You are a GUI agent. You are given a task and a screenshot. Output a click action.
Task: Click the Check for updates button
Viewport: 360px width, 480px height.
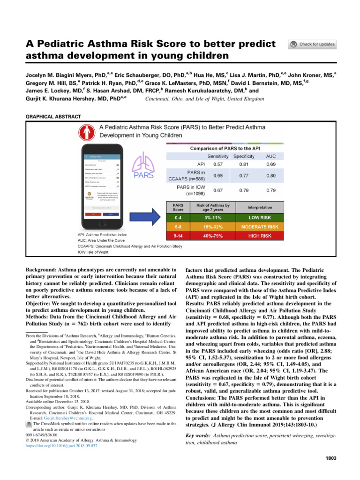click(313, 44)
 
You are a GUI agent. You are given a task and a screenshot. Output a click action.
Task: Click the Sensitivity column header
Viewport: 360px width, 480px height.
click(218, 156)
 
